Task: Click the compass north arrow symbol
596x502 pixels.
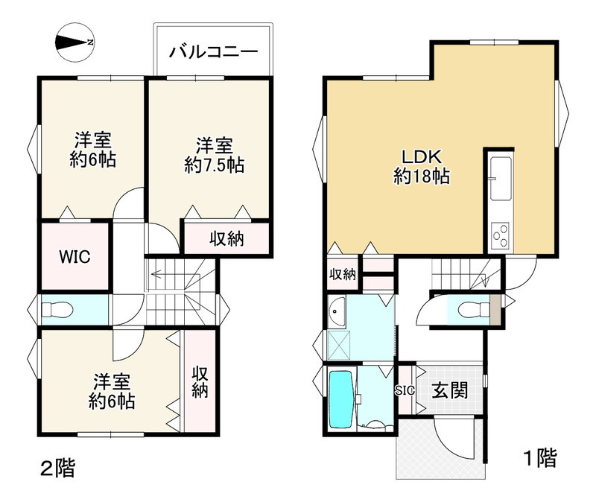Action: point(74,42)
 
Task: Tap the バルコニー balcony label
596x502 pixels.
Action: point(213,52)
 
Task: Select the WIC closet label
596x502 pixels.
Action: point(74,257)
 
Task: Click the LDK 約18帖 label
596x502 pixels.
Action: point(422,167)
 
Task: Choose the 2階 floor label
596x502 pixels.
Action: point(57,468)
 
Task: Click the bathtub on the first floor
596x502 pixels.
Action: point(341,398)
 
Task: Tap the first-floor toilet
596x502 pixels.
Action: point(469,308)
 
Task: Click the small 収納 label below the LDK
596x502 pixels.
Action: point(343,274)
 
